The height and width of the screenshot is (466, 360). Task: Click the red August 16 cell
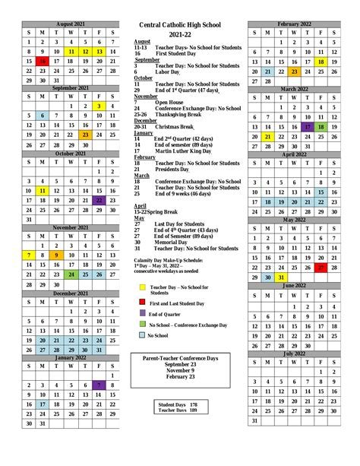pos(43,62)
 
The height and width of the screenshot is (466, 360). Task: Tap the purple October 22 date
pos(99,201)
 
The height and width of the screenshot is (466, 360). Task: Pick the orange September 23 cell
pos(84,135)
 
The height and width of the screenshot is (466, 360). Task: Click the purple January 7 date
pos(99,385)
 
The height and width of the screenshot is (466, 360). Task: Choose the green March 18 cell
pos(323,128)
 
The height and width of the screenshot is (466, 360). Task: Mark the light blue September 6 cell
pos(43,116)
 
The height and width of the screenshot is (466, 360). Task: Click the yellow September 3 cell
pos(99,106)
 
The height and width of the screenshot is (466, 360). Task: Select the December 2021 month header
pos(70,293)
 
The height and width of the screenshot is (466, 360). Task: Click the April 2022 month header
pos(295,154)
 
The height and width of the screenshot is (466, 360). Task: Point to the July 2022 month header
pos(295,353)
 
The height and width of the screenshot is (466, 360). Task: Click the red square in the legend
pos(142,302)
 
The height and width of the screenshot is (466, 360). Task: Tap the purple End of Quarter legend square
pos(142,312)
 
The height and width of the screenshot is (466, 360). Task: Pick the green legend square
pos(142,324)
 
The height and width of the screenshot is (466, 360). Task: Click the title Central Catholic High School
pos(181,25)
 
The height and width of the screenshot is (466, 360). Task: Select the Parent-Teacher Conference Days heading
pos(181,357)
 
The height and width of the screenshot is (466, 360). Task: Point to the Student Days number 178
pos(193,404)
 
